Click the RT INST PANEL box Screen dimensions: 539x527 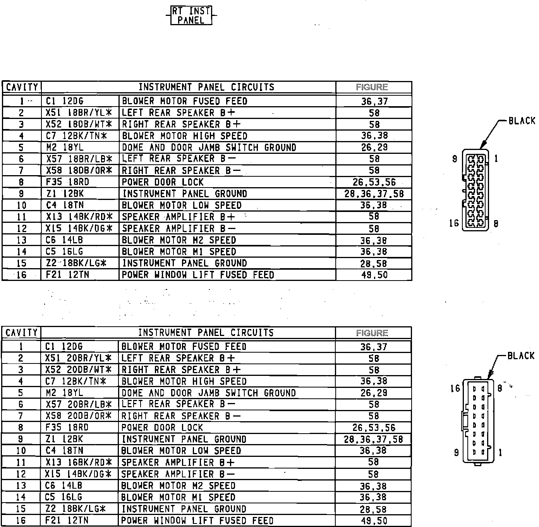click(x=191, y=15)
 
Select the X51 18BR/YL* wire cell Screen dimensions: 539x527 click(x=79, y=113)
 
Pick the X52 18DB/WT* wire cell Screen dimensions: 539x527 click(x=79, y=124)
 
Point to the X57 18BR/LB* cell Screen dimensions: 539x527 click(x=79, y=159)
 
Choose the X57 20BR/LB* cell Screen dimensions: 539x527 click(x=79, y=405)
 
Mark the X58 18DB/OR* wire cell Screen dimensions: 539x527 click(x=79, y=170)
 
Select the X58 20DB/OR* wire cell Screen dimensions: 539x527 click(x=79, y=416)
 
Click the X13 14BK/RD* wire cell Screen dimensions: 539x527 click(x=79, y=217)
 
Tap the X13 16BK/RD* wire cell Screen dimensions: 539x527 click(x=79, y=462)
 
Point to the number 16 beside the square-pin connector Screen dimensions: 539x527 click(x=455, y=388)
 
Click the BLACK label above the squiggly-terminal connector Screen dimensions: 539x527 click(x=522, y=121)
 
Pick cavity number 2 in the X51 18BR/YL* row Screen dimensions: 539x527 click(x=21, y=113)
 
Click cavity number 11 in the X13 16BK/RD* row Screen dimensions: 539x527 click(x=21, y=462)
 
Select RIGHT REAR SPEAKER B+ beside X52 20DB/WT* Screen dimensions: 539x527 click(x=181, y=370)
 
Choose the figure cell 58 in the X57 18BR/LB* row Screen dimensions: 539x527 click(x=374, y=159)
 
